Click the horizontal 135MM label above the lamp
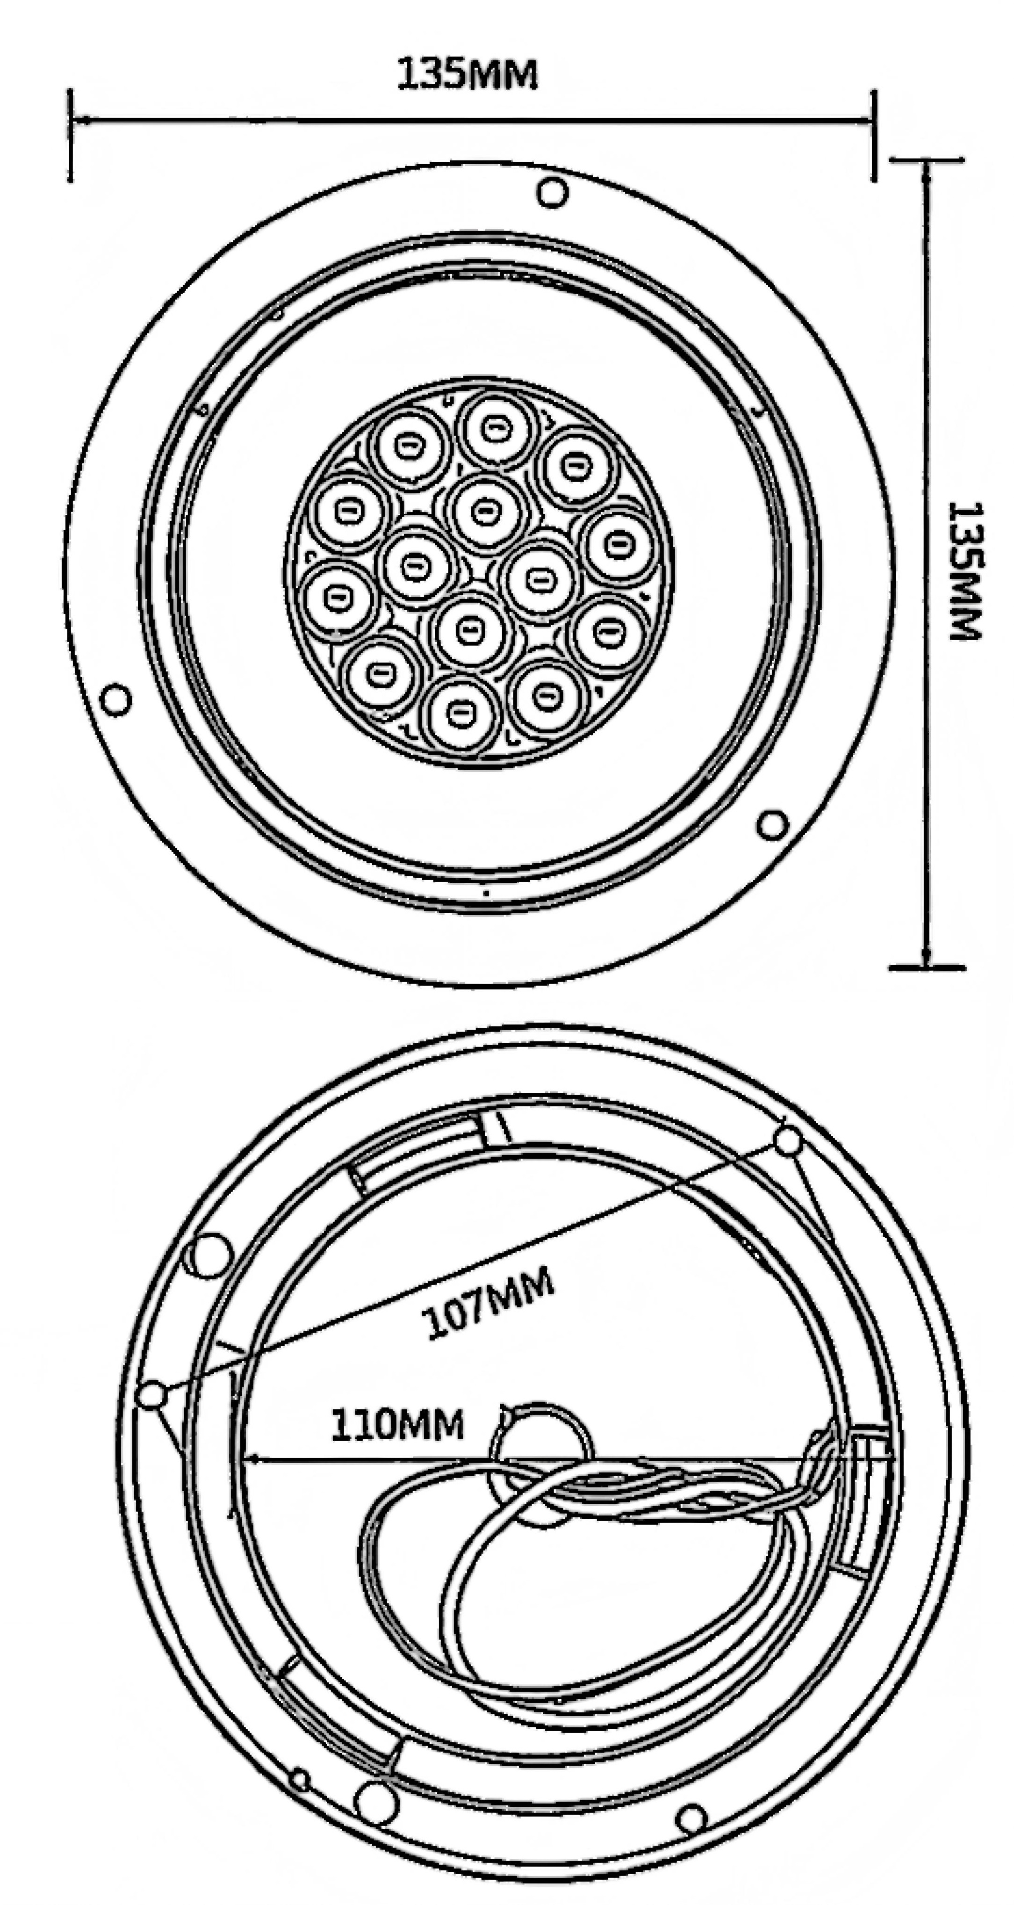467,74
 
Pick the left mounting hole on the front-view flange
115,700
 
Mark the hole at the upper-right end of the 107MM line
788,1141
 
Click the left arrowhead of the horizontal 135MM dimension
81,120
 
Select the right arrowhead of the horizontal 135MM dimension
863,120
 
